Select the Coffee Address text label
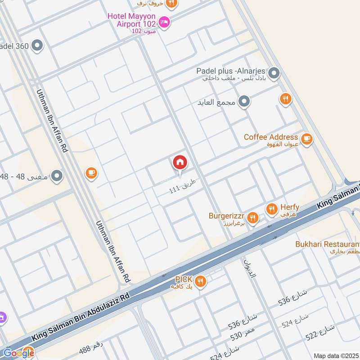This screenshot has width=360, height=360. (271, 137)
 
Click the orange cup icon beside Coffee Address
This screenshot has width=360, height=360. (307, 139)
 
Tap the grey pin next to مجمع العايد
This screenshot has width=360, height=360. (244, 102)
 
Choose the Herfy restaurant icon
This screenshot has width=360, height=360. (271, 209)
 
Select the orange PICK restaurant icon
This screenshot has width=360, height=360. (200, 282)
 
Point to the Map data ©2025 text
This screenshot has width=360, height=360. (335, 355)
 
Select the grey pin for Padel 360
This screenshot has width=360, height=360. (37, 45)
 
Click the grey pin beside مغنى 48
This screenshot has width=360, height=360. (56, 176)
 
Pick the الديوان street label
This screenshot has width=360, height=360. (249, 267)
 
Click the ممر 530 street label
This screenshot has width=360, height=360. (243, 334)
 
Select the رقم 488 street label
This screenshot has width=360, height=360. (92, 348)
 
